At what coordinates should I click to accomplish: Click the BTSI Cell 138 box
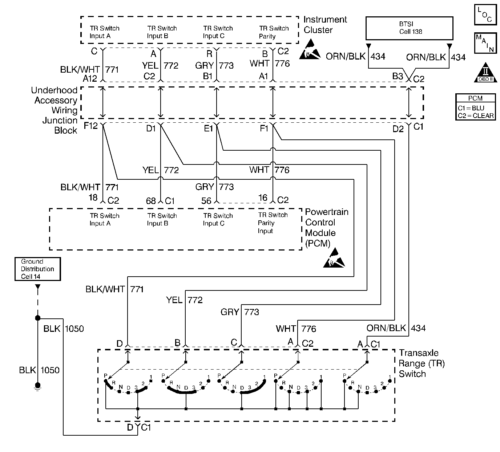(409, 28)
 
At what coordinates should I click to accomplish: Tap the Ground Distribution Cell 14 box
(37, 269)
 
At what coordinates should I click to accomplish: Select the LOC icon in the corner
(485, 15)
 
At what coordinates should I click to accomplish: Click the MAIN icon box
(485, 43)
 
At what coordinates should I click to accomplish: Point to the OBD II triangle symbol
(485, 73)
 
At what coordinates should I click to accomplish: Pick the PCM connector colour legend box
(475, 107)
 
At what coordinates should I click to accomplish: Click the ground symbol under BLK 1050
(37, 386)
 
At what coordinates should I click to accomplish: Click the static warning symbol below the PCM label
(334, 258)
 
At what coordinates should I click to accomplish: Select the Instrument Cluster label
(325, 25)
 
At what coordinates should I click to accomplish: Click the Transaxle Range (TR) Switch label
(422, 363)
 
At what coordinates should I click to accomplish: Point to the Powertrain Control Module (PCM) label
(326, 228)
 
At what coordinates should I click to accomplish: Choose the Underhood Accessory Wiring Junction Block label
(55, 110)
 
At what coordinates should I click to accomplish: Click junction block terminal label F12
(91, 126)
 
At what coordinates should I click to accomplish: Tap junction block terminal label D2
(398, 129)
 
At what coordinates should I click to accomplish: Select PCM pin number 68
(151, 200)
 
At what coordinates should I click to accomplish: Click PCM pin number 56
(206, 200)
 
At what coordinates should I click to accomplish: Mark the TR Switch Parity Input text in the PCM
(273, 223)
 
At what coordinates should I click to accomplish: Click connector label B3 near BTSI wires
(398, 76)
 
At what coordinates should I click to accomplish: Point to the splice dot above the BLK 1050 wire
(37, 318)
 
